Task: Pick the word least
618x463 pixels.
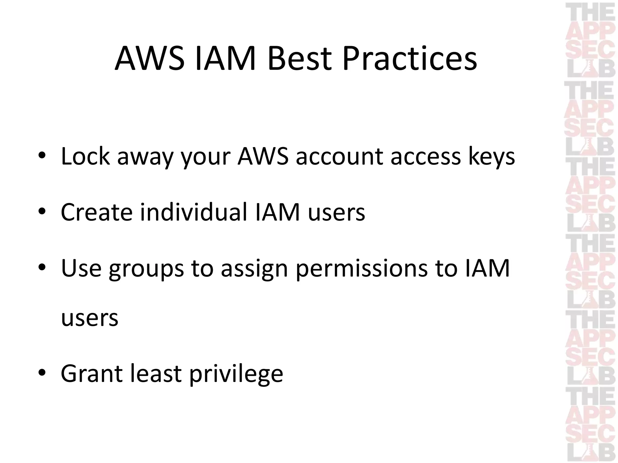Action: point(156,374)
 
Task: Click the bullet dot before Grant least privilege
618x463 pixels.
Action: point(42,373)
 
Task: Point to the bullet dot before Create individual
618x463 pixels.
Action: point(42,212)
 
